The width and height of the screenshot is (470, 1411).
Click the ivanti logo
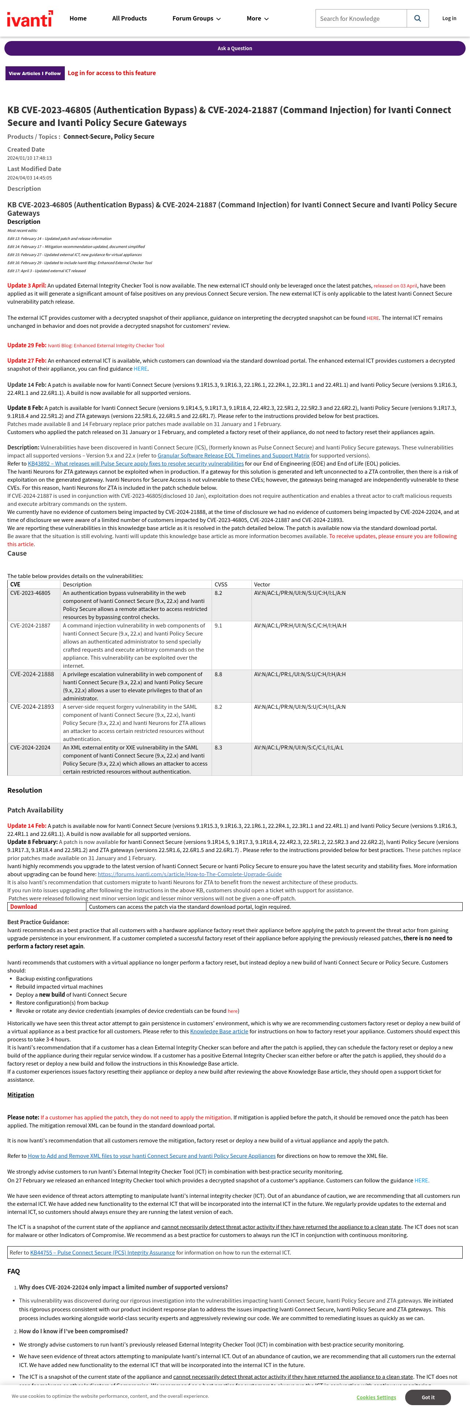(30, 19)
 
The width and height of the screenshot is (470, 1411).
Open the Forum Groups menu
(196, 19)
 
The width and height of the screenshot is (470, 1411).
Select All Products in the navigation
(129, 19)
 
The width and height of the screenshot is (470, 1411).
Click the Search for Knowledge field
(361, 19)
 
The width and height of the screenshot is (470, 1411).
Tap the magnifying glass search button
(418, 19)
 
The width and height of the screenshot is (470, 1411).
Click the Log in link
(449, 19)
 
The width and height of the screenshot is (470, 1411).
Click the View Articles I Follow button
(34, 73)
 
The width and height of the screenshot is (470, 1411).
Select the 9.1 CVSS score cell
(218, 626)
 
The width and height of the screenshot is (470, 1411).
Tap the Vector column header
(262, 585)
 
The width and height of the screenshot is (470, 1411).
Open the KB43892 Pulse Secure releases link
(136, 463)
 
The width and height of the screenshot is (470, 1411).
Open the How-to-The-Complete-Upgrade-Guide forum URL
(189, 874)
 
